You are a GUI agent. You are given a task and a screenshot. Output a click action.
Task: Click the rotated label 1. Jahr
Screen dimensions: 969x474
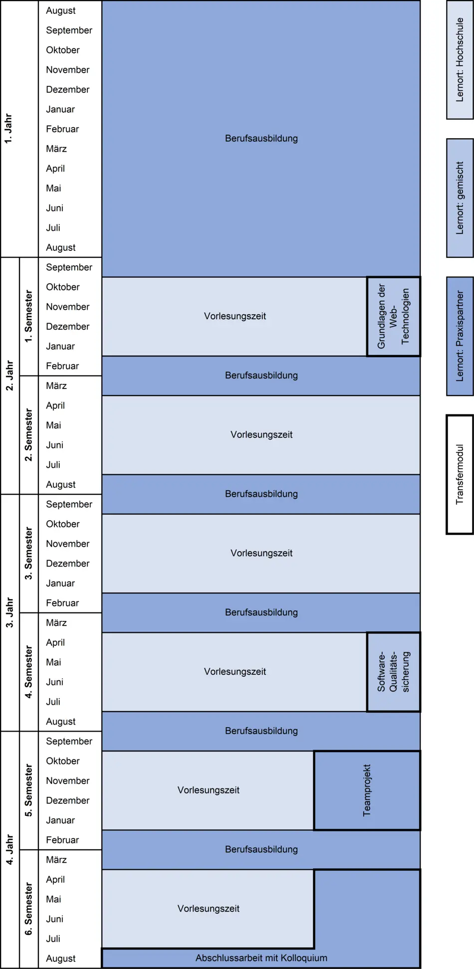pos(8,129)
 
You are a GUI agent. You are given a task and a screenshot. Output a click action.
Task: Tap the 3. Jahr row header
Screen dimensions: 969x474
pos(9,612)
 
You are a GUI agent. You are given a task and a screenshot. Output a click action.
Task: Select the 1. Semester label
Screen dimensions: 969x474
pos(28,316)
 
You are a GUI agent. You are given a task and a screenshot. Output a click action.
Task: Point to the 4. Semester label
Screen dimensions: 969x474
pos(28,672)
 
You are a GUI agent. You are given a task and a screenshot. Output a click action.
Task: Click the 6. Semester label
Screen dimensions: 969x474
pos(28,909)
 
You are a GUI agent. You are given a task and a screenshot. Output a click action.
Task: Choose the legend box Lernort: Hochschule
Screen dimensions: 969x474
pos(460,60)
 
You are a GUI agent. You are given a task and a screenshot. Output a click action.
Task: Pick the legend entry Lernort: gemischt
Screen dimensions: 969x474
pos(460,198)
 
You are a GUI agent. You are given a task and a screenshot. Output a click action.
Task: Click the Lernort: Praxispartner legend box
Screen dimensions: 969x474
pos(460,336)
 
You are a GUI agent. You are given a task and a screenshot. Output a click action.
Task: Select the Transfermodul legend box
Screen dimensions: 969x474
pos(460,474)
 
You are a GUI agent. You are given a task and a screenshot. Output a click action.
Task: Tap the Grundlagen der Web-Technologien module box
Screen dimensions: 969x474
pos(393,316)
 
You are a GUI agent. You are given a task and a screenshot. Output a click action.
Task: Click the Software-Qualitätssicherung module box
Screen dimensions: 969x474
pos(393,672)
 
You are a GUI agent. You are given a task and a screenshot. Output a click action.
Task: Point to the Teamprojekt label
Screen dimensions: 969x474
pos(367,790)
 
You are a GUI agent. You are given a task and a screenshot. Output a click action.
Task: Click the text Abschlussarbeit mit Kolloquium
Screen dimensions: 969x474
pos(261,958)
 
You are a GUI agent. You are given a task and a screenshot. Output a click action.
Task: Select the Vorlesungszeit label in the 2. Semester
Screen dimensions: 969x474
pos(261,434)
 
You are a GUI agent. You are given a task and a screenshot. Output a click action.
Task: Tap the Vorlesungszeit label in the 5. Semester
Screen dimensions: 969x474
pos(208,790)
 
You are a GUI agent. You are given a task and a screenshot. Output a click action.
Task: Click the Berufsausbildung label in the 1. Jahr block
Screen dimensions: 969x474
pos(261,138)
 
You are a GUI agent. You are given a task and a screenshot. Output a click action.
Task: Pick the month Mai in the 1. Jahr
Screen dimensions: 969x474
pos(53,188)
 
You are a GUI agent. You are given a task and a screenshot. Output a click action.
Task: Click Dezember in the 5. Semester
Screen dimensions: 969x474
pos(67,800)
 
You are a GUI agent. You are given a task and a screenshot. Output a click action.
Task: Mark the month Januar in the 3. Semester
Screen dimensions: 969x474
pos(60,583)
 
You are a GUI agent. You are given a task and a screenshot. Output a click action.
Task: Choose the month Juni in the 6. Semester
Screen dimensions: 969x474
pos(54,919)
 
